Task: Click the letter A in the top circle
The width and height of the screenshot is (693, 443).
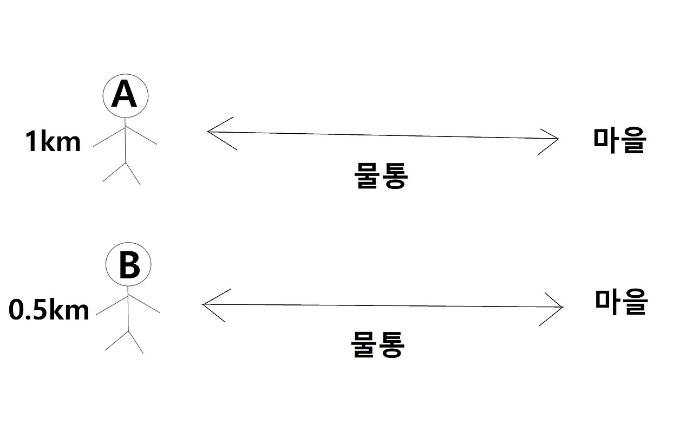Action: click(x=125, y=96)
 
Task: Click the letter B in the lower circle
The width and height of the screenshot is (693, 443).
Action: click(x=128, y=265)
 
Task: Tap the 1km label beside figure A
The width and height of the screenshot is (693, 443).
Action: click(x=53, y=142)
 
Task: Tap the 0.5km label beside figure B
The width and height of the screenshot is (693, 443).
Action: click(x=49, y=310)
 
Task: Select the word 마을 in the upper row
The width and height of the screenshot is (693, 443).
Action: click(x=619, y=141)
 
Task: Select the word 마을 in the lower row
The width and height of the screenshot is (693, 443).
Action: click(x=621, y=302)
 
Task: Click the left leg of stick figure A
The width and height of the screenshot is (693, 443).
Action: click(x=114, y=172)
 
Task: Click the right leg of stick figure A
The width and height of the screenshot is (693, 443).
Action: click(x=133, y=173)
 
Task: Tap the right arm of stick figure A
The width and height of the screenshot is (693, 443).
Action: click(x=141, y=135)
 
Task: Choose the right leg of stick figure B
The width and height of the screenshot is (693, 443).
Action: click(x=135, y=342)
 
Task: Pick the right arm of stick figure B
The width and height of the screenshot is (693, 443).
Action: click(x=144, y=304)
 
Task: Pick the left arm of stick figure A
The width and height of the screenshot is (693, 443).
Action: click(x=109, y=136)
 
